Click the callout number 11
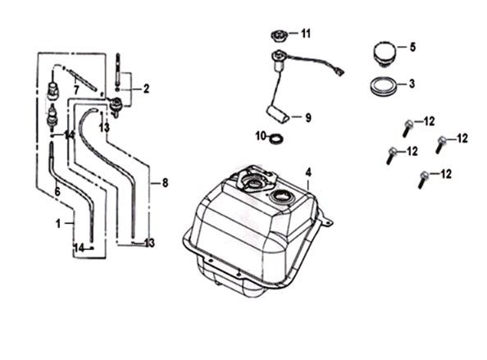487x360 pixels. point(306,34)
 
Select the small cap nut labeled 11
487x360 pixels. point(279,36)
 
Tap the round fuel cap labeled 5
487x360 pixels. point(385,54)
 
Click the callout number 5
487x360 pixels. point(412,48)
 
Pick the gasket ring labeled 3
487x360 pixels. point(385,85)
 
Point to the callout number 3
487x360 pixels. point(412,84)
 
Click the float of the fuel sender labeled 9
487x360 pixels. point(278,114)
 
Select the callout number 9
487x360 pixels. point(307,118)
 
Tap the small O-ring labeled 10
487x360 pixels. point(277,139)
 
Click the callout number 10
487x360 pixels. point(261,136)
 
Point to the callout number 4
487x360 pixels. point(307,172)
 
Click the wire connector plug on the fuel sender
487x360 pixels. point(340,73)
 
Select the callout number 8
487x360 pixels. point(165,183)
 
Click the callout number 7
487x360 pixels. point(76,90)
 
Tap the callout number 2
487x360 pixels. point(146,89)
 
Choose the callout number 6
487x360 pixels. point(57,192)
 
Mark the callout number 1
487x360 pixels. point(58,223)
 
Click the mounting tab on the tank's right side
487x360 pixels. point(325,218)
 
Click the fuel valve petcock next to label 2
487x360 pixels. point(116,107)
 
